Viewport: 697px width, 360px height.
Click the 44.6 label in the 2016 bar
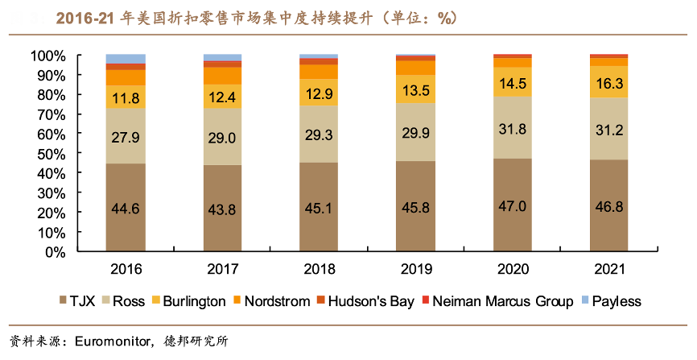coord(126,209)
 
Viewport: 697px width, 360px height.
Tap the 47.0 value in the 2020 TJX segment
coord(513,206)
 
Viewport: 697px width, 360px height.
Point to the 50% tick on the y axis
coord(49,153)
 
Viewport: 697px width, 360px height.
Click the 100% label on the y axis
coord(46,56)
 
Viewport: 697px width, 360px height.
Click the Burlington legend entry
coord(194,301)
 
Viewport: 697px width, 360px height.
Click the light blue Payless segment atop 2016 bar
coord(126,59)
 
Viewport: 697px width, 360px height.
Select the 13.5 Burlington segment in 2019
coord(415,89)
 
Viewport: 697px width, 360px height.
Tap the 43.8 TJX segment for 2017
coord(222,209)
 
